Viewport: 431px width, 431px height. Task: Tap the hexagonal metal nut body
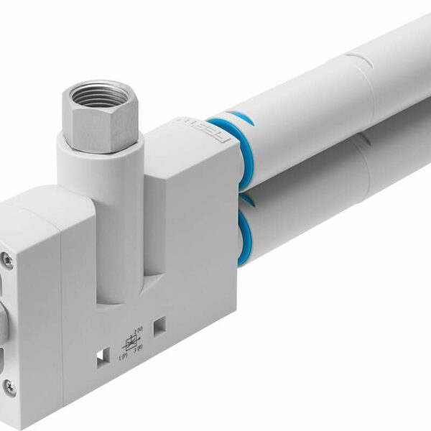point(108,119)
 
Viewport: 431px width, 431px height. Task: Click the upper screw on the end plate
point(8,255)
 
